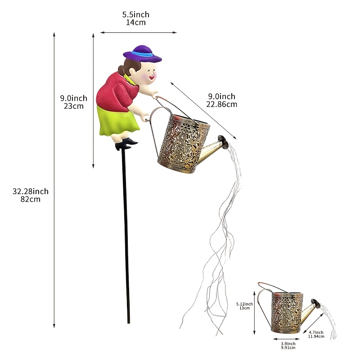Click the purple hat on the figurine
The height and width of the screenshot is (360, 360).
142,54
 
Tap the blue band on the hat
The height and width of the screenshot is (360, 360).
142,54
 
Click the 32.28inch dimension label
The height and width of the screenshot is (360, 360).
31,191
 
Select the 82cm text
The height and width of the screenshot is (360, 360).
31,199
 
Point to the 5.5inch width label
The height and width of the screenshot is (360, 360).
136,14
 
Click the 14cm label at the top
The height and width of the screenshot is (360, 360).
136,22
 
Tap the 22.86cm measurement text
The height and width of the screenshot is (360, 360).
221,104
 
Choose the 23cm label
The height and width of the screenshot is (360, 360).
74,106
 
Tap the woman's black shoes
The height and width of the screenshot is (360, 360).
126,144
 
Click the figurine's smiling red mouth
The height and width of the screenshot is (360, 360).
152,77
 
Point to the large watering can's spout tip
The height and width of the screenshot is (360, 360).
223,141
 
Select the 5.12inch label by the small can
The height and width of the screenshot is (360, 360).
244,304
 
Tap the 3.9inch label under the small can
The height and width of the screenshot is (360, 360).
288,344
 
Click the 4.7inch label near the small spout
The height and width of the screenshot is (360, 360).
316,332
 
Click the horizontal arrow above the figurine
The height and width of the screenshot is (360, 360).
139,32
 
